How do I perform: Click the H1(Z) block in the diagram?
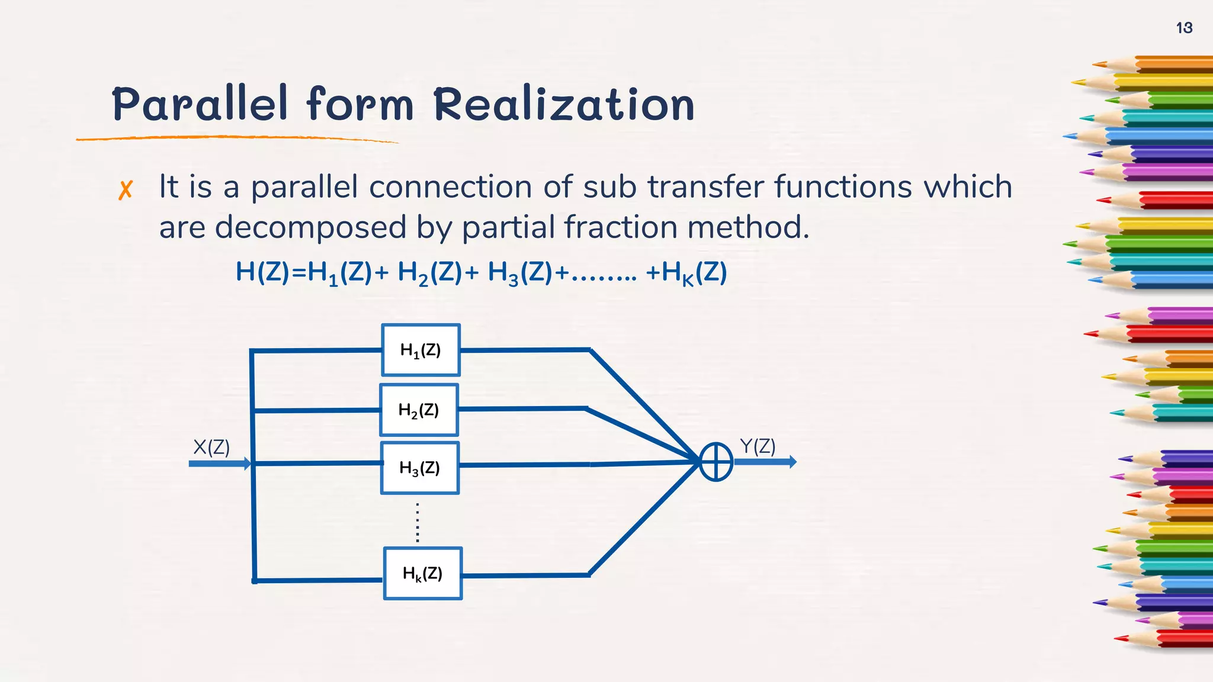(x=421, y=350)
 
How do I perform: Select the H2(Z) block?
(x=419, y=410)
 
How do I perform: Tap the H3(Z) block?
(x=419, y=468)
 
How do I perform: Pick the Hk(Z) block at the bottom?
(x=422, y=573)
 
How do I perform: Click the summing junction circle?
(x=716, y=462)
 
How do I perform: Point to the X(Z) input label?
(x=211, y=447)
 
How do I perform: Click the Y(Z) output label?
(x=758, y=446)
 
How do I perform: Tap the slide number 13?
(x=1184, y=28)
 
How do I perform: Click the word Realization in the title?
(x=563, y=104)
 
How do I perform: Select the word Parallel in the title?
(x=200, y=104)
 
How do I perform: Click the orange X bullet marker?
(x=125, y=190)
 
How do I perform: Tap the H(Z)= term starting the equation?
(x=270, y=272)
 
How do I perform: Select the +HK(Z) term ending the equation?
(x=686, y=273)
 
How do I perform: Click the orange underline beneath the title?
(x=237, y=138)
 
